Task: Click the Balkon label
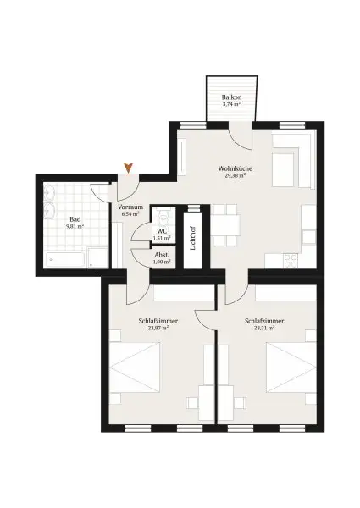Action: (231, 98)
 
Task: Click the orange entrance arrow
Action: (128, 168)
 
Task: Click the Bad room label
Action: (75, 218)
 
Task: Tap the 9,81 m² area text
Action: (75, 227)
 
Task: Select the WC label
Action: (161, 230)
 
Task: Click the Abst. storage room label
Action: (161, 254)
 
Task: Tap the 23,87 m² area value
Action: (153, 328)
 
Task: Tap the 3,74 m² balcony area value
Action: (231, 107)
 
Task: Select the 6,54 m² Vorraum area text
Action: (130, 215)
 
